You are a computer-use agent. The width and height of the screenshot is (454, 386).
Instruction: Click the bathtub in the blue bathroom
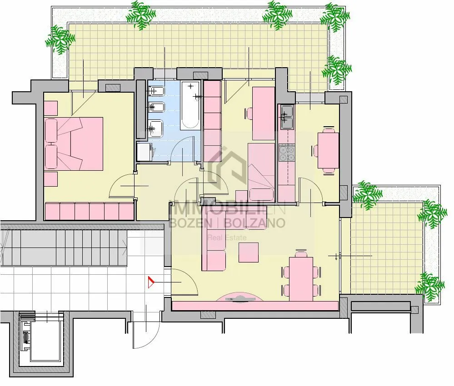tap(190, 106)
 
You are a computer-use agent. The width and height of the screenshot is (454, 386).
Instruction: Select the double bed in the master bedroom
tap(74, 144)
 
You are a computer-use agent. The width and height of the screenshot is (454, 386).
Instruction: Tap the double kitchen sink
tap(287, 117)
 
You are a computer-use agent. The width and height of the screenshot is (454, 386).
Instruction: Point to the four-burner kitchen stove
tap(287, 153)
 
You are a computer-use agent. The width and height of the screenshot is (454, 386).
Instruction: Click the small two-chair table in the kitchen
tap(328, 150)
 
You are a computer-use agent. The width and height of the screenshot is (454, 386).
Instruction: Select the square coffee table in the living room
tap(249, 252)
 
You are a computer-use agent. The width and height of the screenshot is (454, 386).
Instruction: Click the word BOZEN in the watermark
tap(190, 223)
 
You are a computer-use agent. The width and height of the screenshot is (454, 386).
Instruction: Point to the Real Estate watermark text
tap(227, 238)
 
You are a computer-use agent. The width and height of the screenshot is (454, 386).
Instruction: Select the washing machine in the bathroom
tap(144, 152)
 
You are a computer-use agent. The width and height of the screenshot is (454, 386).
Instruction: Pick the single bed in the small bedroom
tap(261, 173)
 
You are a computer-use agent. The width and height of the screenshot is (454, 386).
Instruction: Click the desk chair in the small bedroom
tap(249, 114)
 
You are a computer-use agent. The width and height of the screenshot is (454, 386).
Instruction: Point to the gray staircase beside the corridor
tap(64, 247)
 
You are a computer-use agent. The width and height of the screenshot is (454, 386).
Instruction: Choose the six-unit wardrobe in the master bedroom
tap(90, 211)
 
